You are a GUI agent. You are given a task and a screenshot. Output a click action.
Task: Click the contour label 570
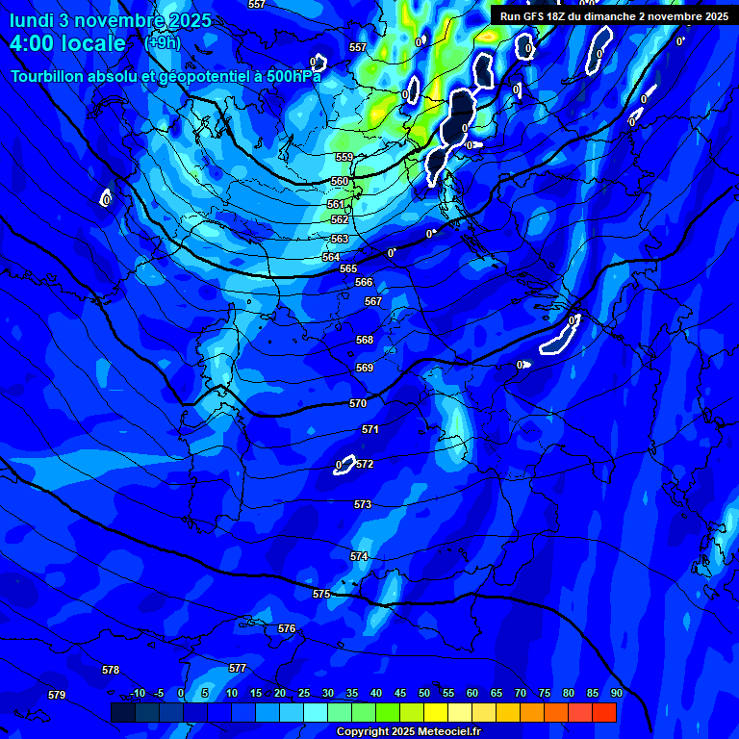(x=358, y=404)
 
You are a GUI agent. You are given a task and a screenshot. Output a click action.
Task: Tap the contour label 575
(x=321, y=595)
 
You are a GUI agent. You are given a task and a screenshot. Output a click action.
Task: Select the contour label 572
(x=365, y=465)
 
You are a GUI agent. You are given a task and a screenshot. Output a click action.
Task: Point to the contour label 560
(x=340, y=182)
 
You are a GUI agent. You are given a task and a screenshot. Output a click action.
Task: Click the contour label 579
(x=57, y=695)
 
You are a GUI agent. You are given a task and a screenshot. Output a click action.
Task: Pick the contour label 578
(x=111, y=670)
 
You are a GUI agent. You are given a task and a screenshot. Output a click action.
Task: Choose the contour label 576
(x=287, y=628)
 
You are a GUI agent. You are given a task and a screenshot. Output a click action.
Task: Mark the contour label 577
(x=238, y=668)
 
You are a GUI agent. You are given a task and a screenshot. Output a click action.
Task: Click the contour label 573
(x=363, y=505)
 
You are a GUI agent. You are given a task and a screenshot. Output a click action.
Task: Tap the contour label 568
(x=365, y=341)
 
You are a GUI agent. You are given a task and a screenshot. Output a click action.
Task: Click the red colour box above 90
(x=604, y=713)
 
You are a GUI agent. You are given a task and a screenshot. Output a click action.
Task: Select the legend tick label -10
(x=137, y=694)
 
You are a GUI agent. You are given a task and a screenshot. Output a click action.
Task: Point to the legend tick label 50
(x=424, y=694)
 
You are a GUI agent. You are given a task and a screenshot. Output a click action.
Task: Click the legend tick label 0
(x=181, y=694)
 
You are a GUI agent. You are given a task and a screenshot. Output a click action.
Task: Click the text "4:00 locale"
(x=68, y=44)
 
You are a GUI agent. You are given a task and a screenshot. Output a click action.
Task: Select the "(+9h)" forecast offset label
(x=162, y=42)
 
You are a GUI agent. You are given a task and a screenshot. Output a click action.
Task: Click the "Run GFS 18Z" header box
(x=614, y=16)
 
